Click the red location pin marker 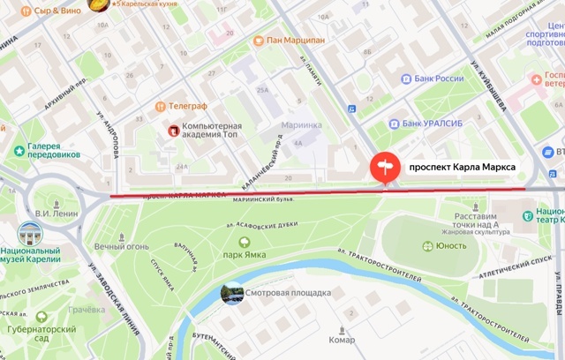click(384, 168)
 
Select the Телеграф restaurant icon click(160, 106)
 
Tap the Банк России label click(439, 79)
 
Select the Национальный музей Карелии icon click(29, 236)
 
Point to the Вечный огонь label click(123, 246)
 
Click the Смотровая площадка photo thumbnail click(233, 293)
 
